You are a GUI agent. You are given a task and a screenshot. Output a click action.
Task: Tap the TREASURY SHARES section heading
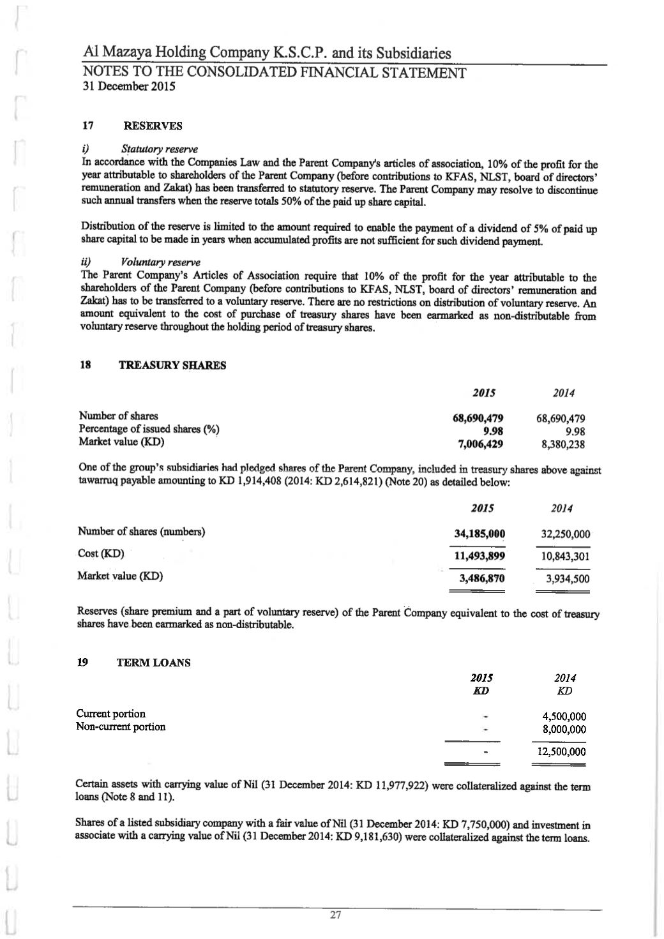[172, 366]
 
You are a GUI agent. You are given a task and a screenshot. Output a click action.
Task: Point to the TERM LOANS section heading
[154, 663]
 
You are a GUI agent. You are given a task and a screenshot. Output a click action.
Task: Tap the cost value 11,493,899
[479, 556]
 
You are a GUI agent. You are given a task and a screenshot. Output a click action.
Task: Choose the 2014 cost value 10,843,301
[562, 557]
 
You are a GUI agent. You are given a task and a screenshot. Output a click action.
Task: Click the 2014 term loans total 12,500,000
[561, 752]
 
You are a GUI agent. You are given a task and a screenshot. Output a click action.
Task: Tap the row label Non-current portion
[121, 726]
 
